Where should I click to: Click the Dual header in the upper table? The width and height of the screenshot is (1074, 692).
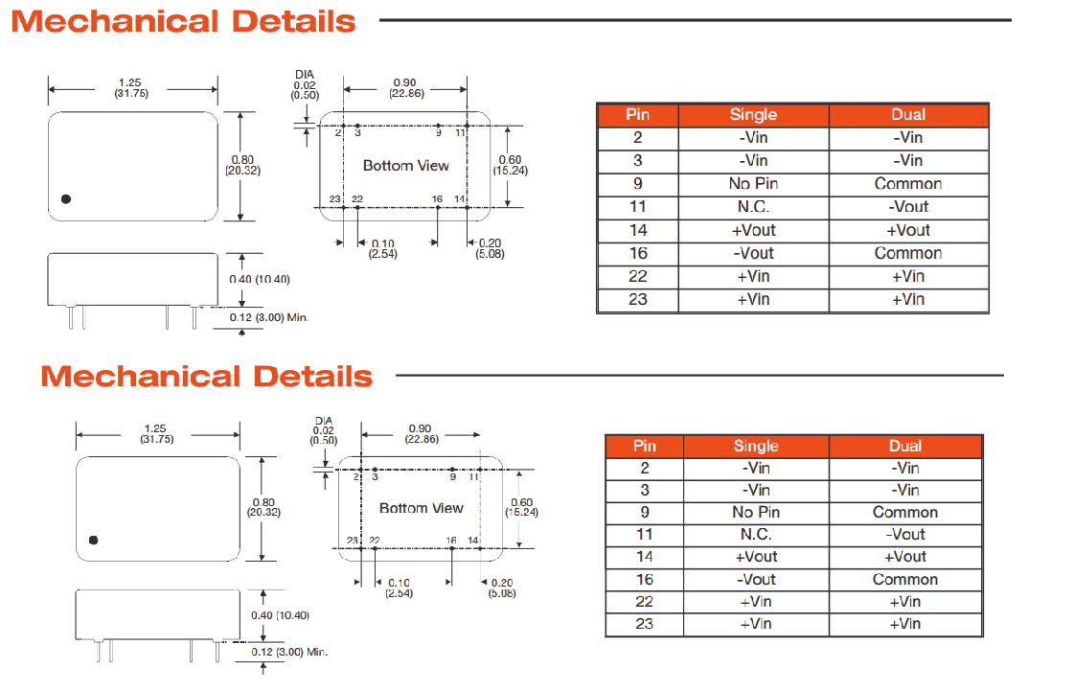(x=907, y=115)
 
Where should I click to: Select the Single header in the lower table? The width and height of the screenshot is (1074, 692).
(x=756, y=446)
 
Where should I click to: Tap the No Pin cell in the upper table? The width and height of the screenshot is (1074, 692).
(x=753, y=184)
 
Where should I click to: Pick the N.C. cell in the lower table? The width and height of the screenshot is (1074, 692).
(x=756, y=535)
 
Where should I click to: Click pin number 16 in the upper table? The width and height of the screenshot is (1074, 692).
(x=638, y=253)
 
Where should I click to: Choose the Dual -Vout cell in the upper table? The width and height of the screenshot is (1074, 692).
(x=908, y=207)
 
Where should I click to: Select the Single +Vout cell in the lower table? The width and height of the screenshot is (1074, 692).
(x=756, y=557)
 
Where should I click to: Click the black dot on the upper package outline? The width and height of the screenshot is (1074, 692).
(x=66, y=199)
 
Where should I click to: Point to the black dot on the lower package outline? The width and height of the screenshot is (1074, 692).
(x=93, y=540)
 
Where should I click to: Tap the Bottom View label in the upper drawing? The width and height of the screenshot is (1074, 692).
(x=405, y=166)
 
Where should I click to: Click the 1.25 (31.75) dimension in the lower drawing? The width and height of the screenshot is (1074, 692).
(x=158, y=433)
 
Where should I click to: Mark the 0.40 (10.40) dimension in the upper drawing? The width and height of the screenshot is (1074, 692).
(x=259, y=279)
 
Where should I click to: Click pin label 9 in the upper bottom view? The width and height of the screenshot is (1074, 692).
(x=439, y=132)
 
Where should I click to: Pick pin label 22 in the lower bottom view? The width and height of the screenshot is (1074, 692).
(x=375, y=542)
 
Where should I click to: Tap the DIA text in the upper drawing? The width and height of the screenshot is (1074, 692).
(x=305, y=75)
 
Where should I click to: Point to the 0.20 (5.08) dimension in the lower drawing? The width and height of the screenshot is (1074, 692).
(x=501, y=588)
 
